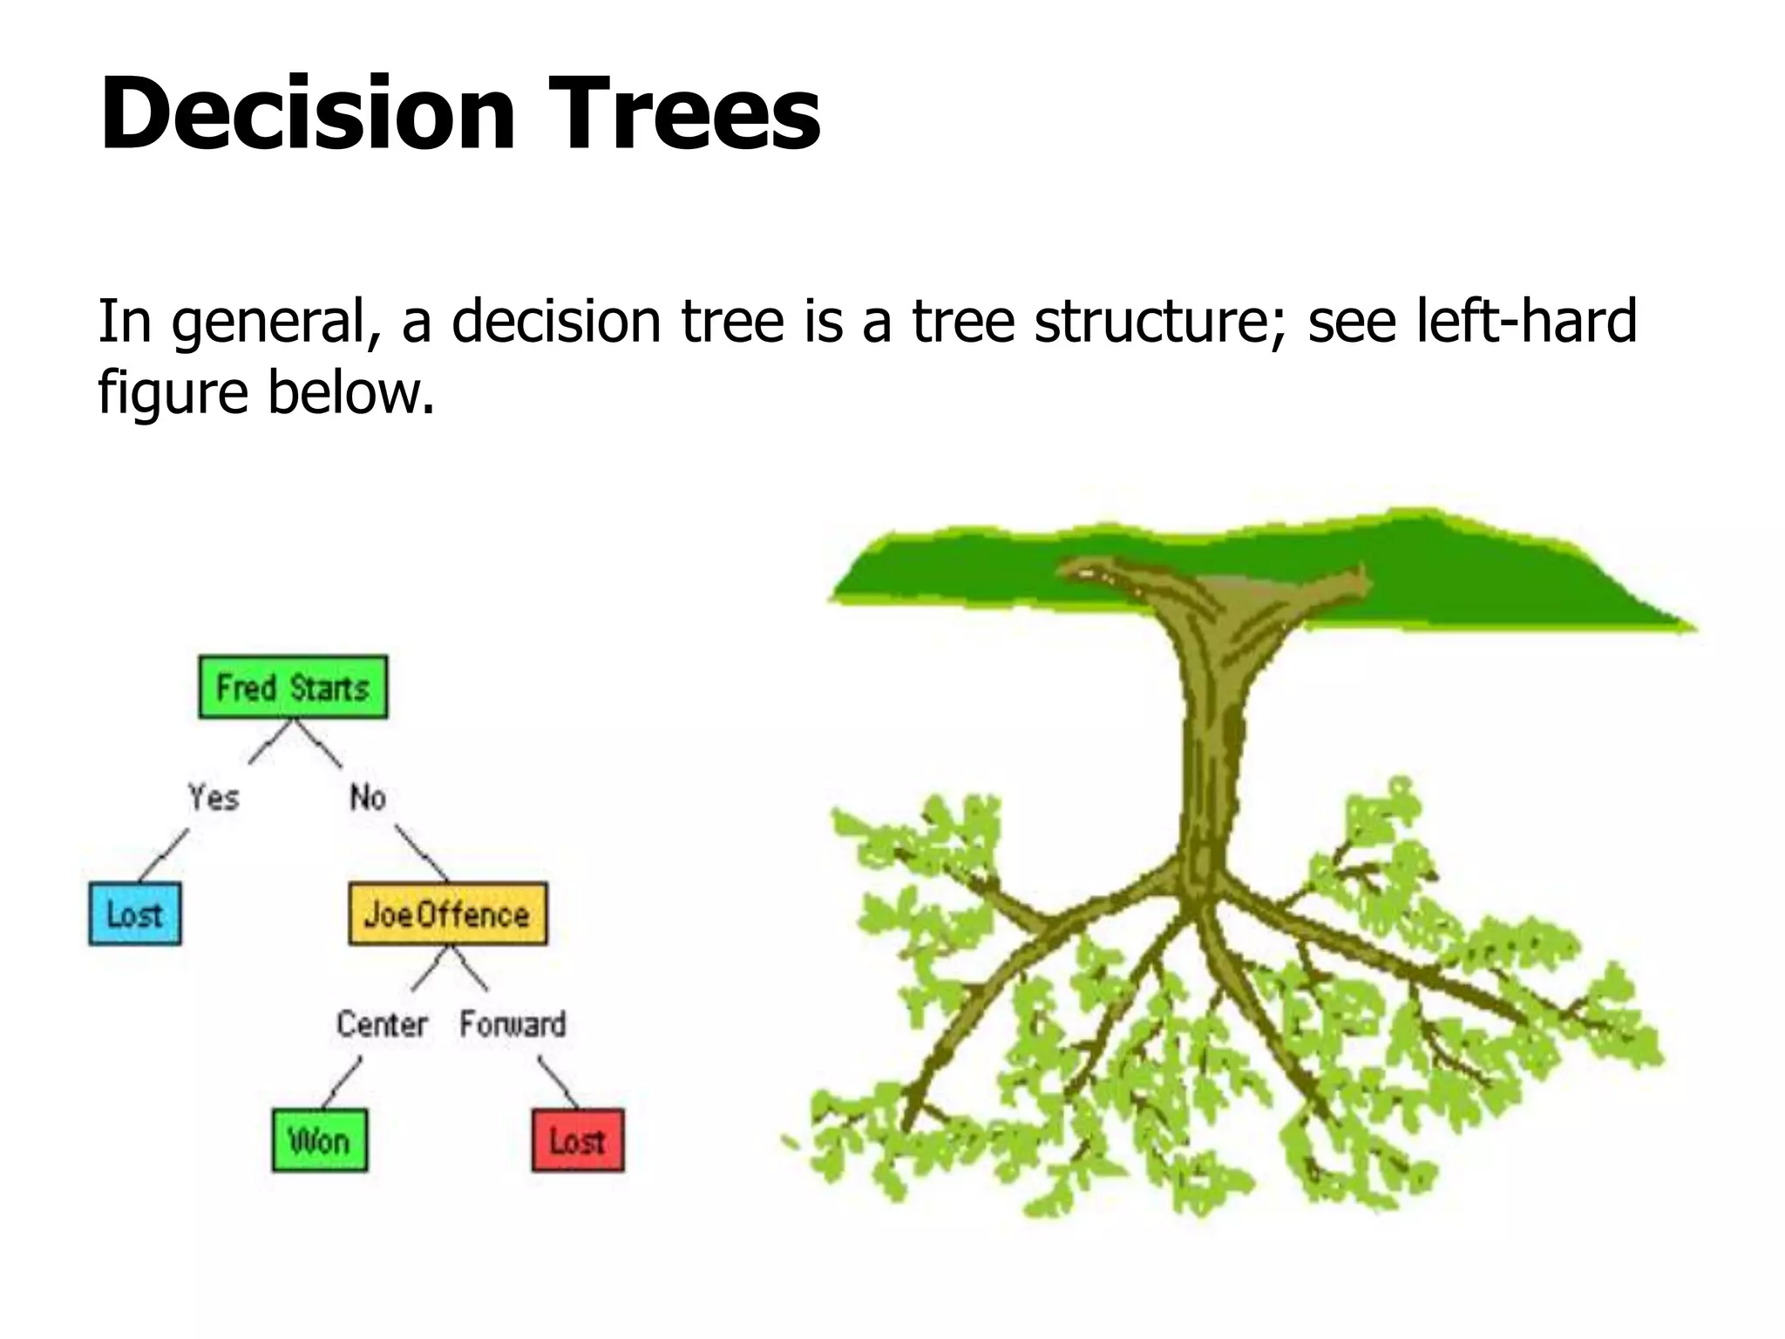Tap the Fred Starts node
point(293,688)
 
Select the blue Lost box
point(135,914)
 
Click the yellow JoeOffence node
point(447,914)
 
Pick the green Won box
point(319,1140)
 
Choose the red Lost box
point(577,1140)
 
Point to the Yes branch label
point(214,797)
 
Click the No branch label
point(367,797)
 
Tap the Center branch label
point(382,1023)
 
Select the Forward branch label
point(512,1023)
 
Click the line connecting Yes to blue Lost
point(164,854)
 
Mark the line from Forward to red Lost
point(558,1082)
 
